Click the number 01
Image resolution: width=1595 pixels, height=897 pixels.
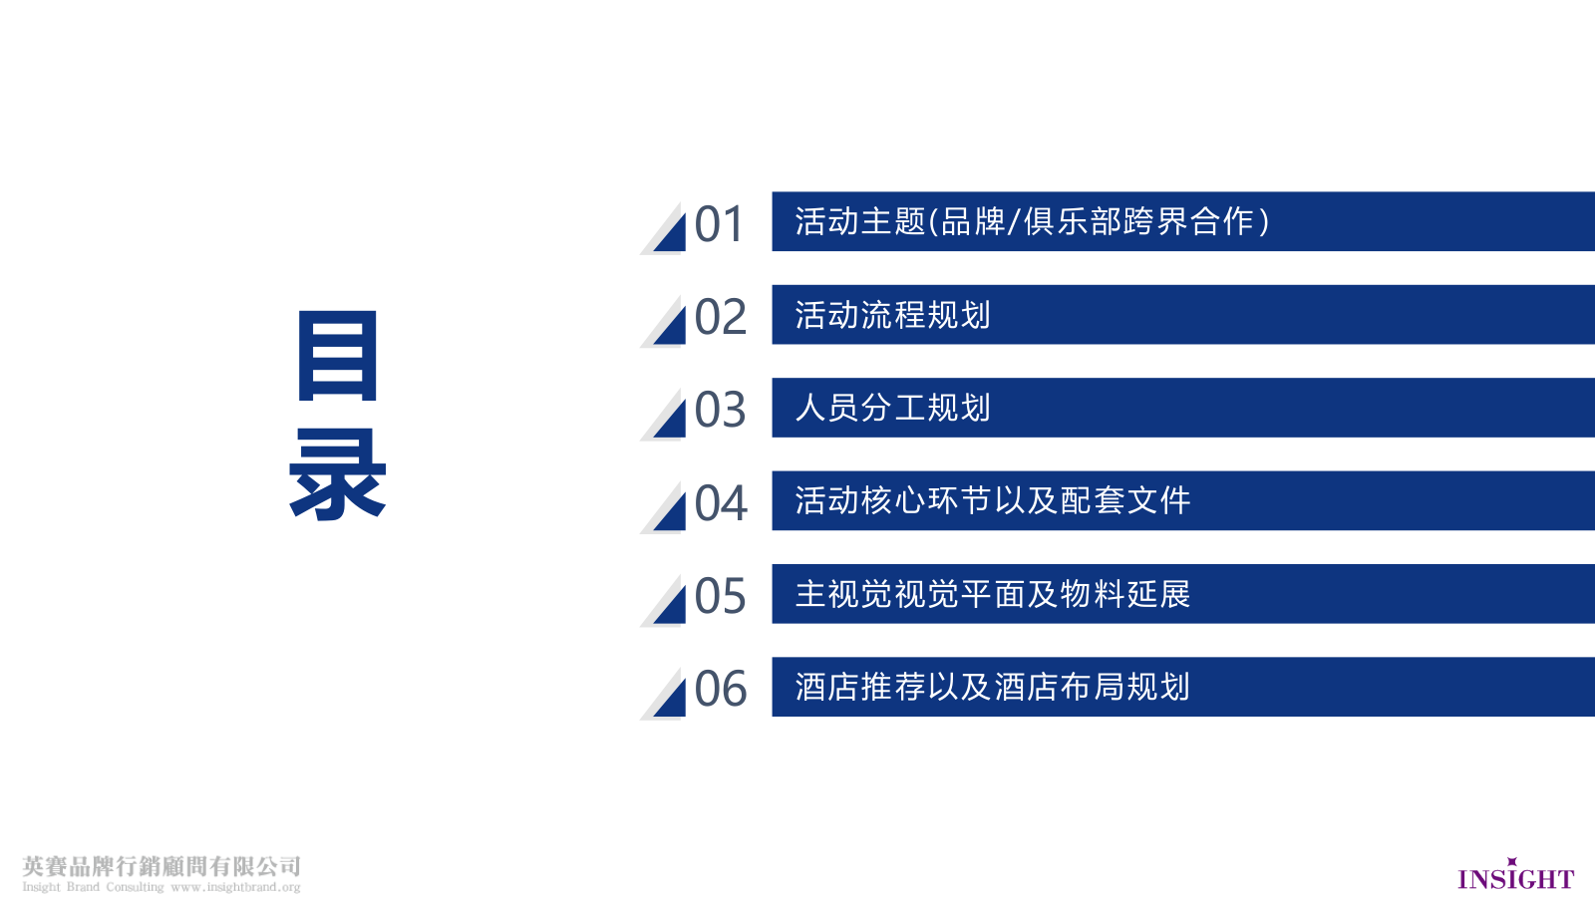click(x=719, y=224)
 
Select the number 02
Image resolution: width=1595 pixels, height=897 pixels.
click(x=720, y=318)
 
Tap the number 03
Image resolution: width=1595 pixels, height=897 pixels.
click(x=720, y=411)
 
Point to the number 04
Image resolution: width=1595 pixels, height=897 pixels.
click(x=721, y=504)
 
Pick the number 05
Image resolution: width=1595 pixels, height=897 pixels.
click(x=720, y=597)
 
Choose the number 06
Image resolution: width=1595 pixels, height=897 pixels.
click(x=720, y=690)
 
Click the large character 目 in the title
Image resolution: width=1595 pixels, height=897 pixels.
click(x=338, y=356)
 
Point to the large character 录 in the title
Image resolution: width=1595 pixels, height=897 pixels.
click(x=338, y=474)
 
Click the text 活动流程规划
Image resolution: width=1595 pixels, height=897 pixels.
click(x=892, y=315)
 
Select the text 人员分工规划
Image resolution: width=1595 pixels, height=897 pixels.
click(x=892, y=408)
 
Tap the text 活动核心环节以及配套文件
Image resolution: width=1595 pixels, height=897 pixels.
click(x=992, y=500)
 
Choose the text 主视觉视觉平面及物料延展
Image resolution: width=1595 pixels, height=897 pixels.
click(x=992, y=594)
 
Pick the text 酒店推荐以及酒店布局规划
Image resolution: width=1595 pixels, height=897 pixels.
click(x=992, y=687)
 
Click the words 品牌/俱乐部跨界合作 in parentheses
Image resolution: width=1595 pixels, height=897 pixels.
click(x=1097, y=221)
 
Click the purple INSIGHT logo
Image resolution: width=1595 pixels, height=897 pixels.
click(x=1515, y=877)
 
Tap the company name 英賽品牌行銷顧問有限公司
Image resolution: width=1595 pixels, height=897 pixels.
click(x=161, y=865)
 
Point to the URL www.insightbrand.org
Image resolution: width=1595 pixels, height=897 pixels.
click(x=235, y=887)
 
